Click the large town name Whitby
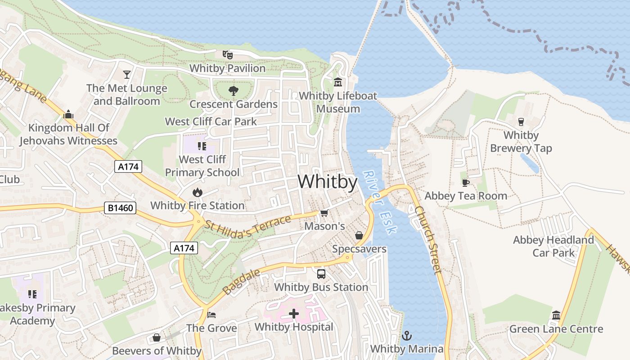328,182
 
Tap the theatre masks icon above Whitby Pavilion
228,55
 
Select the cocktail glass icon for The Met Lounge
127,74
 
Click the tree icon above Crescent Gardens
233,91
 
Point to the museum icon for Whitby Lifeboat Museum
338,82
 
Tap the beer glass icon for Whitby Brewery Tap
521,121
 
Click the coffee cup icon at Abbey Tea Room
466,182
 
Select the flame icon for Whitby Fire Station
197,192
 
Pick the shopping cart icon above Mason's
324,213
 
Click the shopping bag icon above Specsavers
359,235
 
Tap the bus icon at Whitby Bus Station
321,274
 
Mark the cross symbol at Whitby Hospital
294,313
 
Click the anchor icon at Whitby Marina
406,335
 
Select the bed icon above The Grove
211,315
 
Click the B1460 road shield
121,208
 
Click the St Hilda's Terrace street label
247,224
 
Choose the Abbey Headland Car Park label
553,246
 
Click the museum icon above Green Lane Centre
556,315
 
